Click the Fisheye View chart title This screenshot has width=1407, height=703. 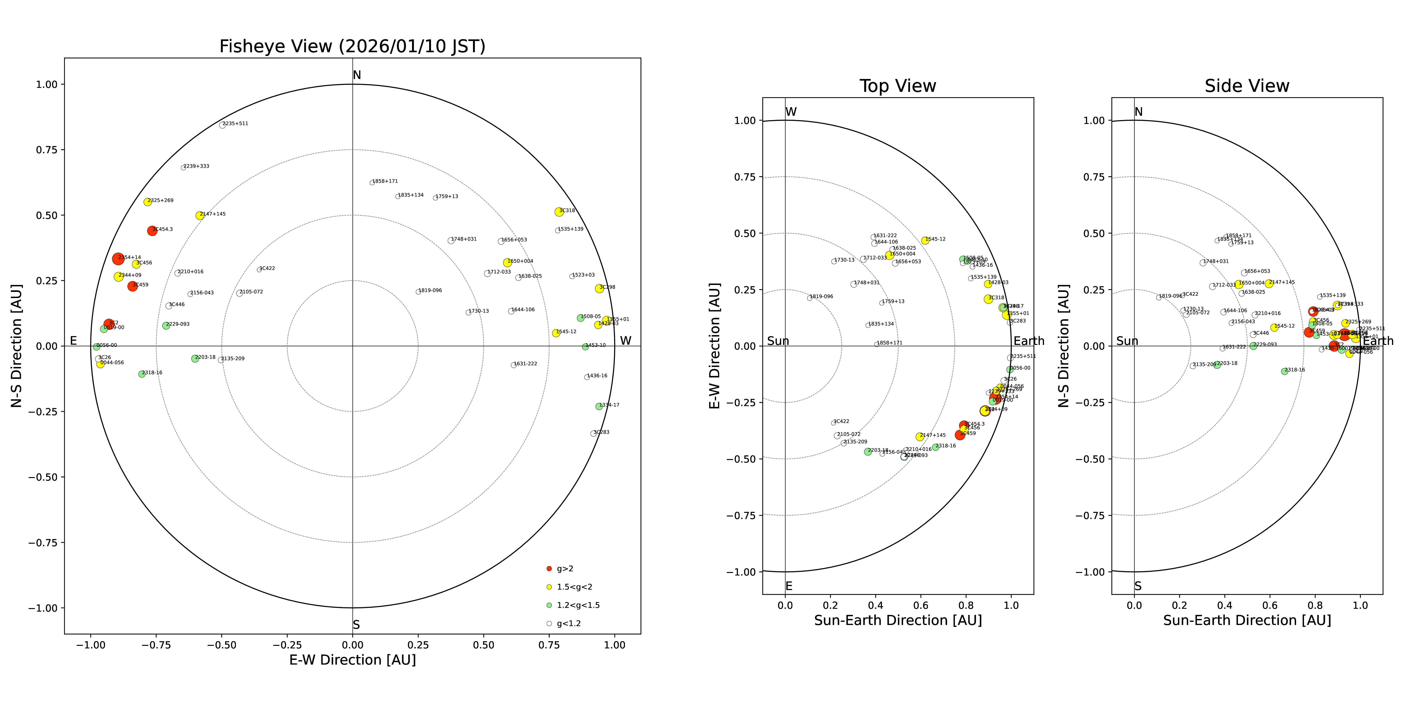click(x=352, y=46)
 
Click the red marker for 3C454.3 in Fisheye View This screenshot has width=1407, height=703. click(x=152, y=231)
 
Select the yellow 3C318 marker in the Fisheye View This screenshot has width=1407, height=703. click(x=559, y=212)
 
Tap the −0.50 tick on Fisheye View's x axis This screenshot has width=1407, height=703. click(x=221, y=645)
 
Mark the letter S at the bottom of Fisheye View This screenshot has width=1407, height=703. click(x=356, y=625)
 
